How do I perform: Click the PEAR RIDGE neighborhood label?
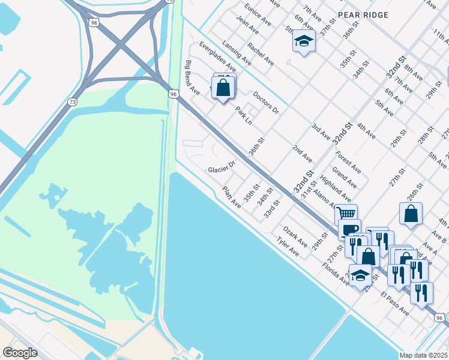click(x=363, y=14)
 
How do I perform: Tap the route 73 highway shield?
click(x=73, y=102)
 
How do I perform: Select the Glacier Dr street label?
click(x=221, y=169)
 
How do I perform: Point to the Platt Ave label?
click(x=232, y=197)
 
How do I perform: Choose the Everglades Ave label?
click(x=218, y=57)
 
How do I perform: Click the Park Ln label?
click(x=244, y=116)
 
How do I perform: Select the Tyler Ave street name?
click(x=288, y=247)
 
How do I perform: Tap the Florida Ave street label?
click(x=339, y=271)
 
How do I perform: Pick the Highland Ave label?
click(x=336, y=188)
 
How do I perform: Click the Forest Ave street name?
click(x=349, y=161)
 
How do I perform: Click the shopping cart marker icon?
click(x=346, y=213)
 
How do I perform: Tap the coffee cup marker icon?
click(x=349, y=229)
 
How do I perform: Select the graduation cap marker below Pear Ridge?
click(x=304, y=41)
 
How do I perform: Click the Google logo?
click(x=20, y=353)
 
